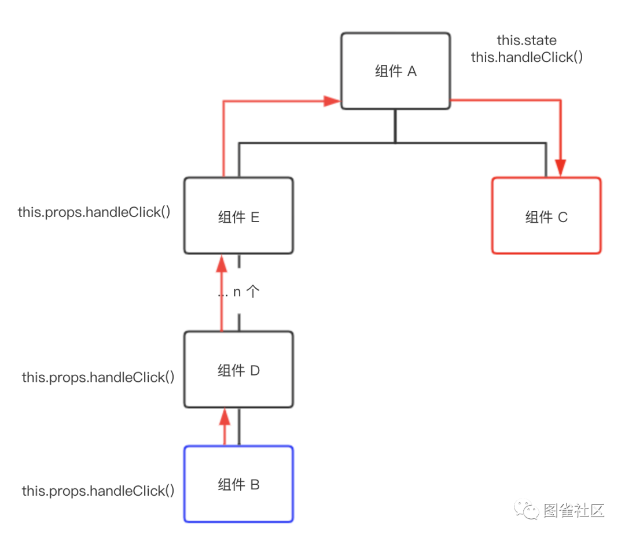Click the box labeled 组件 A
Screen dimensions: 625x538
point(395,71)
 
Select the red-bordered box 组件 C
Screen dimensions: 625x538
point(546,216)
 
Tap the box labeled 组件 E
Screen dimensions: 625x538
point(238,216)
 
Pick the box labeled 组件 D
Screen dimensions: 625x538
point(238,370)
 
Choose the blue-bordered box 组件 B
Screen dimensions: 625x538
point(238,484)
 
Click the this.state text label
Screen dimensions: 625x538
point(527,40)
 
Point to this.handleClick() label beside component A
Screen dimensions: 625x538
point(527,57)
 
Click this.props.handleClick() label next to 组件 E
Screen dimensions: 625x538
point(94,212)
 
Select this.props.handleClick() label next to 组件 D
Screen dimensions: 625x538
point(98,377)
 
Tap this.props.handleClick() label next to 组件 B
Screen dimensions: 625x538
point(98,491)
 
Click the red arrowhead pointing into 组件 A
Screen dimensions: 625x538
point(332,101)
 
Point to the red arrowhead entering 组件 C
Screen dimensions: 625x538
point(560,168)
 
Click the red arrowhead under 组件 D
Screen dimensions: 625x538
point(225,417)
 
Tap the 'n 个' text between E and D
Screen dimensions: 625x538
point(246,292)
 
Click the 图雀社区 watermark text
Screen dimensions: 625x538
point(574,510)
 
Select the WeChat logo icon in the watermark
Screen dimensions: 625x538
point(526,510)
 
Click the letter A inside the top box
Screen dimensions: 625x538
point(412,71)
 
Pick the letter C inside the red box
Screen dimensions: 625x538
point(562,217)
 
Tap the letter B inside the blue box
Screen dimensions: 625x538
point(255,485)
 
